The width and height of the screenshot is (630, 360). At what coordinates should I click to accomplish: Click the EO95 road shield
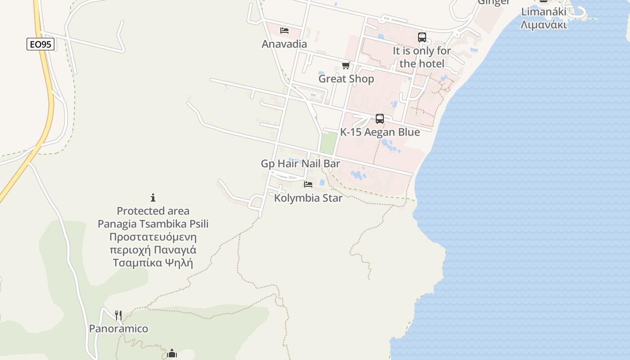click(x=40, y=44)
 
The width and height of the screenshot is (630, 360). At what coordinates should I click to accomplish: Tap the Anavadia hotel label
click(x=284, y=44)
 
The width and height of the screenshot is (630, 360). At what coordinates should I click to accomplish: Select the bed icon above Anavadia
click(x=284, y=31)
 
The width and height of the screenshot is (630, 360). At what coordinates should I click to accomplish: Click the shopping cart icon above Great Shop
click(x=346, y=66)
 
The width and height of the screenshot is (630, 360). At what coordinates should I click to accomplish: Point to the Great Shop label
click(x=346, y=79)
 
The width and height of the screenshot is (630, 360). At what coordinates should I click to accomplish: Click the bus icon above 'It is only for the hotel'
click(x=422, y=37)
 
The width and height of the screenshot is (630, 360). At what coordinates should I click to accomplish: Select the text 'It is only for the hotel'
click(x=422, y=57)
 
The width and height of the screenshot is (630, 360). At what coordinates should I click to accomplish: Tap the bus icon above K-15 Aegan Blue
click(x=380, y=119)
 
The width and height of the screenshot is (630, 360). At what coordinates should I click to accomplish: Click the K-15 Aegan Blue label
click(x=380, y=132)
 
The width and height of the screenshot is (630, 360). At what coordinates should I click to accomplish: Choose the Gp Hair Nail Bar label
click(x=301, y=163)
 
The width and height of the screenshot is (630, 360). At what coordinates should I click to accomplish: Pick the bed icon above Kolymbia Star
click(x=308, y=184)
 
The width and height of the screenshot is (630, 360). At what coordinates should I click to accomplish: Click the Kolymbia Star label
click(x=308, y=198)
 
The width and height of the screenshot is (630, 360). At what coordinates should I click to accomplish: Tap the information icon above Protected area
click(x=153, y=198)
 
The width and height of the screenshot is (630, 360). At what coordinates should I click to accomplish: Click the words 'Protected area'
click(x=153, y=211)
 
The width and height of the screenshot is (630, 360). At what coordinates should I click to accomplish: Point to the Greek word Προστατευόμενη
click(x=153, y=237)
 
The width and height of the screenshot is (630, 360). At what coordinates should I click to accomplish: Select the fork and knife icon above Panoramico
click(x=118, y=315)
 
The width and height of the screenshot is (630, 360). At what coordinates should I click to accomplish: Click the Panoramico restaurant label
click(x=118, y=328)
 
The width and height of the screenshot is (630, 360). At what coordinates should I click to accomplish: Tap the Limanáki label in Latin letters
click(x=543, y=12)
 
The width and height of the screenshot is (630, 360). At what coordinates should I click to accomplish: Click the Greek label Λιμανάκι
click(x=543, y=24)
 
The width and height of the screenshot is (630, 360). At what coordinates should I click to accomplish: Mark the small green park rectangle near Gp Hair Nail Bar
click(x=328, y=143)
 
